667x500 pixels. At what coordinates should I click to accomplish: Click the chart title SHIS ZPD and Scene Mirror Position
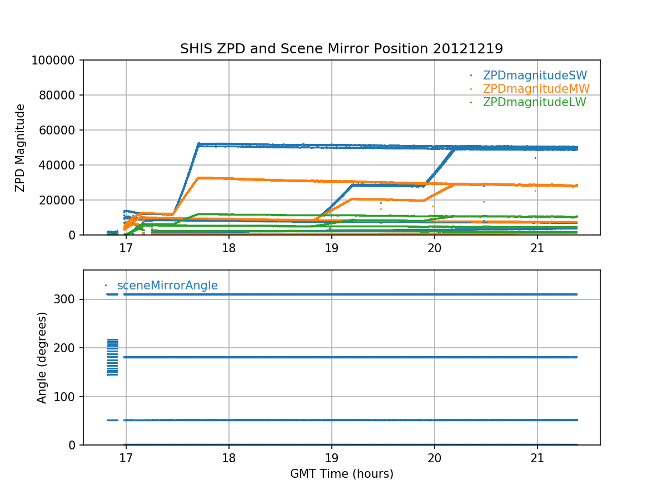click(x=341, y=49)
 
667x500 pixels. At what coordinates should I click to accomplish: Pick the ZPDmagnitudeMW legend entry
click(x=536, y=89)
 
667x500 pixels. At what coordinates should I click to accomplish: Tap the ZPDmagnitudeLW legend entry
click(x=534, y=102)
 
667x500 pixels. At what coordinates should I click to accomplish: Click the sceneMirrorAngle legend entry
click(x=167, y=286)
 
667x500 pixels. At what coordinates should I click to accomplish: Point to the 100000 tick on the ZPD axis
click(x=57, y=60)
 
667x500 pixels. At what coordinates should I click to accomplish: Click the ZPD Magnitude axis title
click(x=21, y=148)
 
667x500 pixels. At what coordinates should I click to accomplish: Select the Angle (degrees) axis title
click(x=42, y=357)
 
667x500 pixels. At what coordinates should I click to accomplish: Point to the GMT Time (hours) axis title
click(x=341, y=474)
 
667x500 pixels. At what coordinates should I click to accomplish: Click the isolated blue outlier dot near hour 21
click(x=535, y=158)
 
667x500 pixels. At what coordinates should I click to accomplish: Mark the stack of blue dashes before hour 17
click(x=112, y=357)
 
